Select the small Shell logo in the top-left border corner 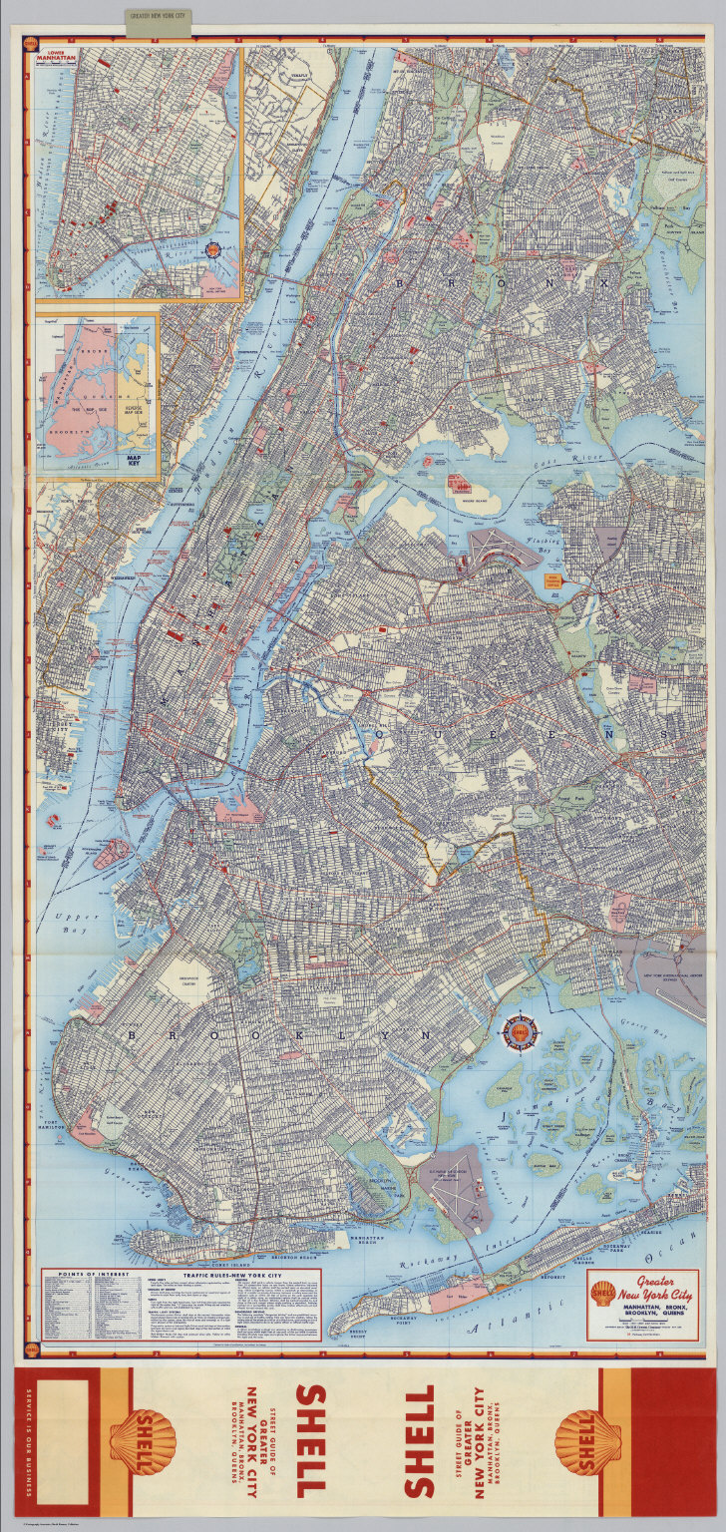coord(30,44)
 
